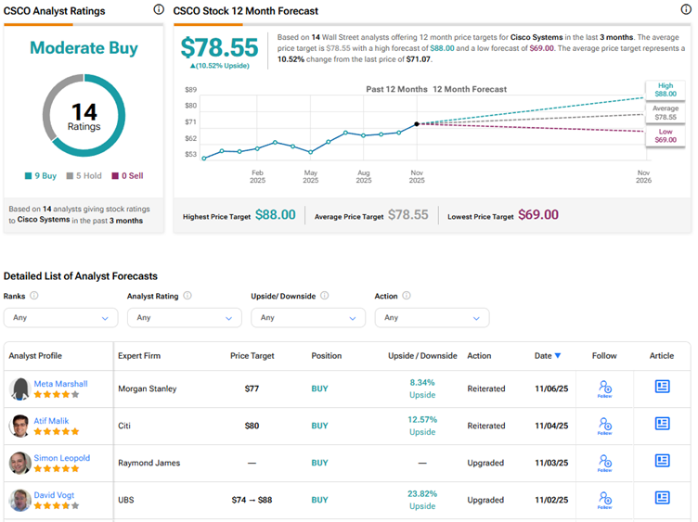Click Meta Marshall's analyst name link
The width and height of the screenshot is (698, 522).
(x=60, y=384)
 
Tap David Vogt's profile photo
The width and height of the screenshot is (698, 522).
(x=19, y=501)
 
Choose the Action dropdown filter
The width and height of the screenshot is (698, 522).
(x=432, y=317)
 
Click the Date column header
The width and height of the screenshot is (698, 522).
(x=548, y=356)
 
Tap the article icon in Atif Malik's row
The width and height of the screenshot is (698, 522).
(x=662, y=424)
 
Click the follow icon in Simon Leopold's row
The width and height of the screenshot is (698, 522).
(x=605, y=462)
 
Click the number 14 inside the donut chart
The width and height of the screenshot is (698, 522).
(x=84, y=113)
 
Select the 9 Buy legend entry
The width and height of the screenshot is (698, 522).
(x=41, y=175)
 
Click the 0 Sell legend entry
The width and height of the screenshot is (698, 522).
(x=127, y=175)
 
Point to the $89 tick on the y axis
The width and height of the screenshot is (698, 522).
(x=190, y=90)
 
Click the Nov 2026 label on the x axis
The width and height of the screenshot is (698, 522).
(x=643, y=176)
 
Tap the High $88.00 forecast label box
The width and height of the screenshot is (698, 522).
(x=665, y=90)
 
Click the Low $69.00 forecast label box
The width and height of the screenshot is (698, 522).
(x=665, y=135)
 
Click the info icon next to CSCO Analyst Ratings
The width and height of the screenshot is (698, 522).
(x=158, y=10)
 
